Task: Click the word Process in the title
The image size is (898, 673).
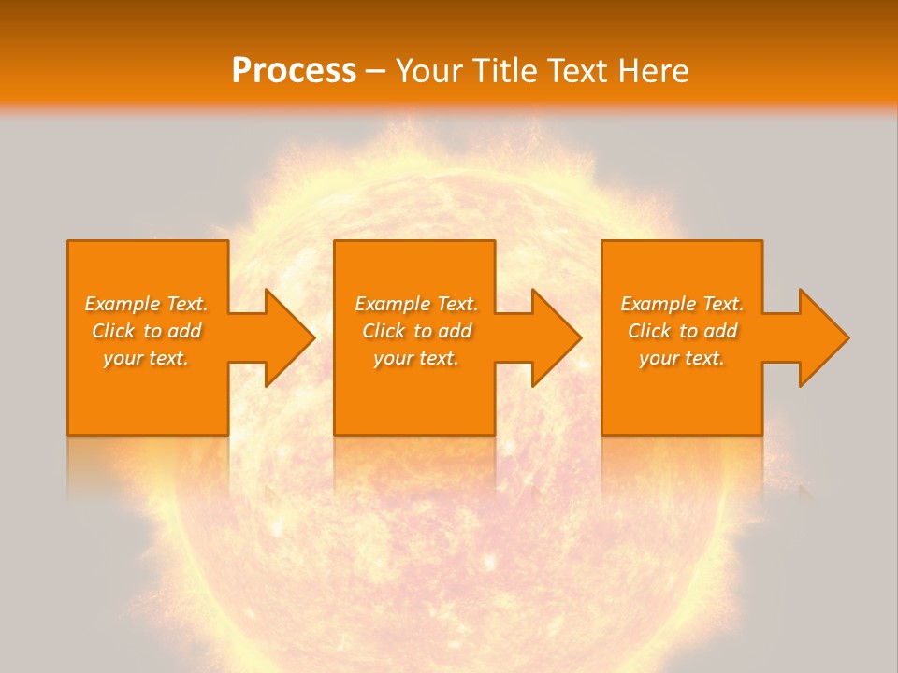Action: point(294,71)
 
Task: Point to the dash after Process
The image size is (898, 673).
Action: point(376,72)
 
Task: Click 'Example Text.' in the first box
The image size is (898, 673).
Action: point(146,304)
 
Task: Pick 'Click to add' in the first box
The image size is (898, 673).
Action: point(146,331)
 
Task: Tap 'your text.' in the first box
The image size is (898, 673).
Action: point(146,358)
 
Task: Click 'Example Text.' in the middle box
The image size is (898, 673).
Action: point(416,304)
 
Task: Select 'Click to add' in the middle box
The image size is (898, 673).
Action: point(416,331)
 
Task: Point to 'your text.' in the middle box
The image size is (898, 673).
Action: point(416,358)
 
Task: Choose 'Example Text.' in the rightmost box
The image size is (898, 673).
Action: point(682,304)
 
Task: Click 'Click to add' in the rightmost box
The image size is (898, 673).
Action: point(682,331)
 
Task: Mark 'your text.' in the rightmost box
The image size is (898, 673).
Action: point(682,358)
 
